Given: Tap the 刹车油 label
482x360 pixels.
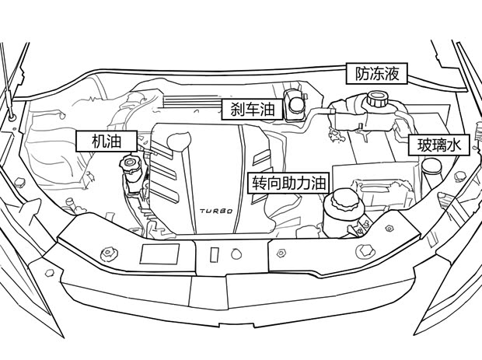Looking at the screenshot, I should coord(249,110).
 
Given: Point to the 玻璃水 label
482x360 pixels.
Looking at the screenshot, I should coord(440,145).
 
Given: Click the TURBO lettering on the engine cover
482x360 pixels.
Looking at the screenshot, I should coord(215,210).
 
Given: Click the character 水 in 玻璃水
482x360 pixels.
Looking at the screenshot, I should coord(457,145).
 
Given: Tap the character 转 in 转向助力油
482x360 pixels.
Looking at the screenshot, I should coord(259,183).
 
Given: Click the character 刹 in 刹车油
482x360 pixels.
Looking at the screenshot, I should coord(232,110).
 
